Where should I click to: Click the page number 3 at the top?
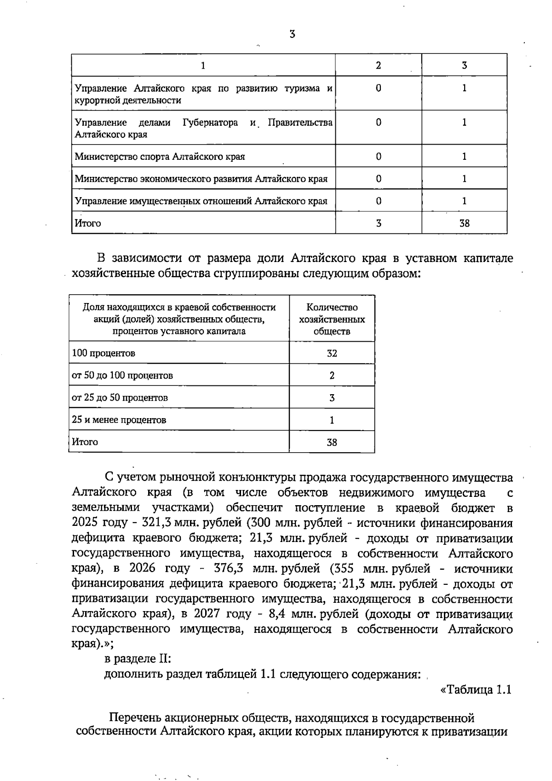point(292,35)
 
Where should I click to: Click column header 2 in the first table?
point(378,65)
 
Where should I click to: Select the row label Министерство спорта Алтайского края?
point(160,157)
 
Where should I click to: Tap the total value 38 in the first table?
point(464,223)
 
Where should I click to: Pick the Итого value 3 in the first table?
point(378,223)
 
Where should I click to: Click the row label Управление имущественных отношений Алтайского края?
point(201,201)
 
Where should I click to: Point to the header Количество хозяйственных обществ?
point(332,319)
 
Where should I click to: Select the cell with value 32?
point(332,353)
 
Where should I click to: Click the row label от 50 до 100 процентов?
point(122,375)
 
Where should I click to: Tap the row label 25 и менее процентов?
point(119,420)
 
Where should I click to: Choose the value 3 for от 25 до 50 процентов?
point(332,398)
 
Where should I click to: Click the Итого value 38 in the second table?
point(332,443)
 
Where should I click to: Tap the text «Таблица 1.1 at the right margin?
point(476,690)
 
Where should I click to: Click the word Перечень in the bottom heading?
point(135,718)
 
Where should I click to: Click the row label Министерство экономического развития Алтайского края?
point(201,179)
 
